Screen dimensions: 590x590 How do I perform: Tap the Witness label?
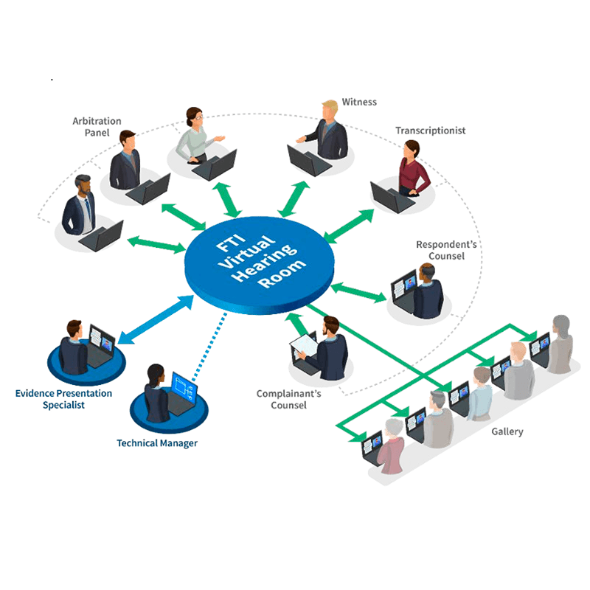[x=359, y=102]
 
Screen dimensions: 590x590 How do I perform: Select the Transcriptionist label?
[x=430, y=131]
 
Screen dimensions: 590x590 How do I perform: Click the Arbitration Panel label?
[x=97, y=127]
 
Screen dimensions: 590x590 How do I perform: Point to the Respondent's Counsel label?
[x=440, y=250]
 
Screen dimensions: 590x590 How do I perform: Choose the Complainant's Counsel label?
[x=288, y=399]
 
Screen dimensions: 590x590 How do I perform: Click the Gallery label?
[x=507, y=431]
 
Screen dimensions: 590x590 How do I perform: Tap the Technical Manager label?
[x=157, y=443]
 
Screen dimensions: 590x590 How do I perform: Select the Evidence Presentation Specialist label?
[x=64, y=399]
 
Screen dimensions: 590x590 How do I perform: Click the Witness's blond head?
[x=329, y=108]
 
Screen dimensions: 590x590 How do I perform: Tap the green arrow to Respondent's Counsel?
[x=358, y=292]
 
